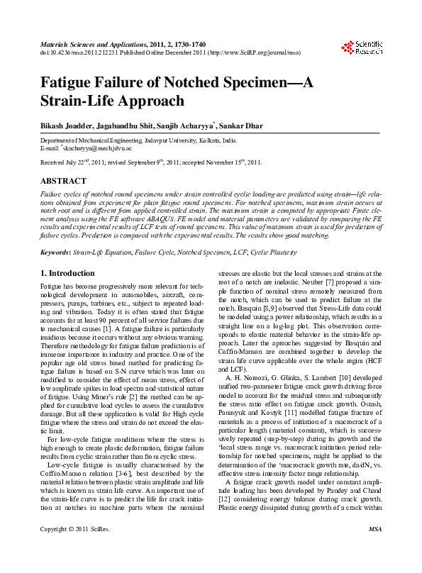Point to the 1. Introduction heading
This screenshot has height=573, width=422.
point(67,273)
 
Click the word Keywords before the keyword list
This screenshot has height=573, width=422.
point(55,252)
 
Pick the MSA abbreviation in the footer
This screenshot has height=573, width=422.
point(375,550)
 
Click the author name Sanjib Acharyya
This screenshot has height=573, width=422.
point(189,126)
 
